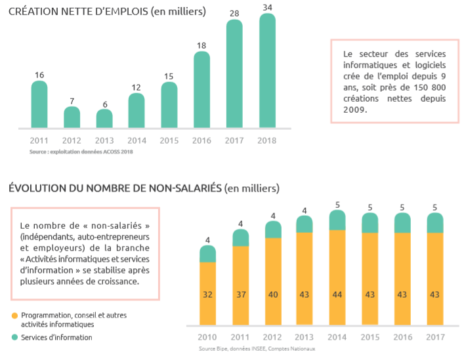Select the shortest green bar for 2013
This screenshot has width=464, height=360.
104,119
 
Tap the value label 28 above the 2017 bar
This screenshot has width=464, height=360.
234,13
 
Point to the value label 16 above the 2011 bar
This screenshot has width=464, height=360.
39,75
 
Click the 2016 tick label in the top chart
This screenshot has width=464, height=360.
202,140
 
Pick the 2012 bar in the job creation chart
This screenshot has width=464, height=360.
72,117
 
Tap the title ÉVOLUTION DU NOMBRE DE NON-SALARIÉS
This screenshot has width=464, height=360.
116,188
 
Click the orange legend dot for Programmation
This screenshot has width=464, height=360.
14,315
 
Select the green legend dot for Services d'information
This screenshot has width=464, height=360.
14,338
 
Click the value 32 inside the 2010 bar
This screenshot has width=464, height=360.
208,294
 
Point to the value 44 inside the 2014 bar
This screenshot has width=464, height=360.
337,294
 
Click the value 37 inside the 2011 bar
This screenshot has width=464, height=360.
241,294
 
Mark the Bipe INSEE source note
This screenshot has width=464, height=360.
257,349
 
